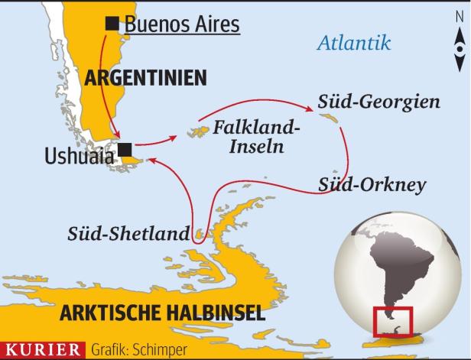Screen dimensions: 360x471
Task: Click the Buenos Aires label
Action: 182,24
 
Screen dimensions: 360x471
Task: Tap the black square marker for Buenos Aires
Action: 112,24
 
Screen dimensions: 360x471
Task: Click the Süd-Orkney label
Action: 372,185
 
